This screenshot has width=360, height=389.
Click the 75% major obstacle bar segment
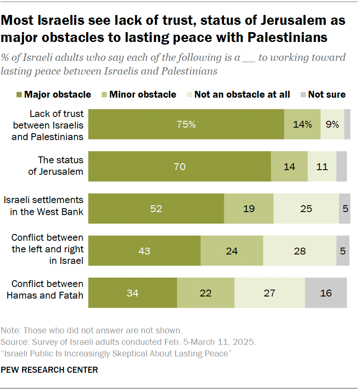186,124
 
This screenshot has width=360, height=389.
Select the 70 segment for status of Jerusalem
180,166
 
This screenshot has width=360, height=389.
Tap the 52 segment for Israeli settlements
156,209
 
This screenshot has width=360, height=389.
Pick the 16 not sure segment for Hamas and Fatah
326,293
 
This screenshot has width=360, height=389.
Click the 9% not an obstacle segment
332,124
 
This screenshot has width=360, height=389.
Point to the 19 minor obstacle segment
249,209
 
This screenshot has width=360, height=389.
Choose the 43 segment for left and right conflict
144,251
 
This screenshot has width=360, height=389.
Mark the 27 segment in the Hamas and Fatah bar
270,293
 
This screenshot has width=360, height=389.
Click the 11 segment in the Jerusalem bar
322,166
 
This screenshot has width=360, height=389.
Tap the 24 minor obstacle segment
231,251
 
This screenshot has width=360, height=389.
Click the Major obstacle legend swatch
19,94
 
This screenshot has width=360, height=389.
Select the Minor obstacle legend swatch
104,94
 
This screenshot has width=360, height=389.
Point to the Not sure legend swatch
302,94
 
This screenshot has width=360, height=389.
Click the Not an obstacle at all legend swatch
189,94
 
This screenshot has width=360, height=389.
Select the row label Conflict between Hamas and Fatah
47,289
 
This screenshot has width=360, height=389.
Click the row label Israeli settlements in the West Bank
43,206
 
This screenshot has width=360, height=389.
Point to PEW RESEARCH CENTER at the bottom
49,369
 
